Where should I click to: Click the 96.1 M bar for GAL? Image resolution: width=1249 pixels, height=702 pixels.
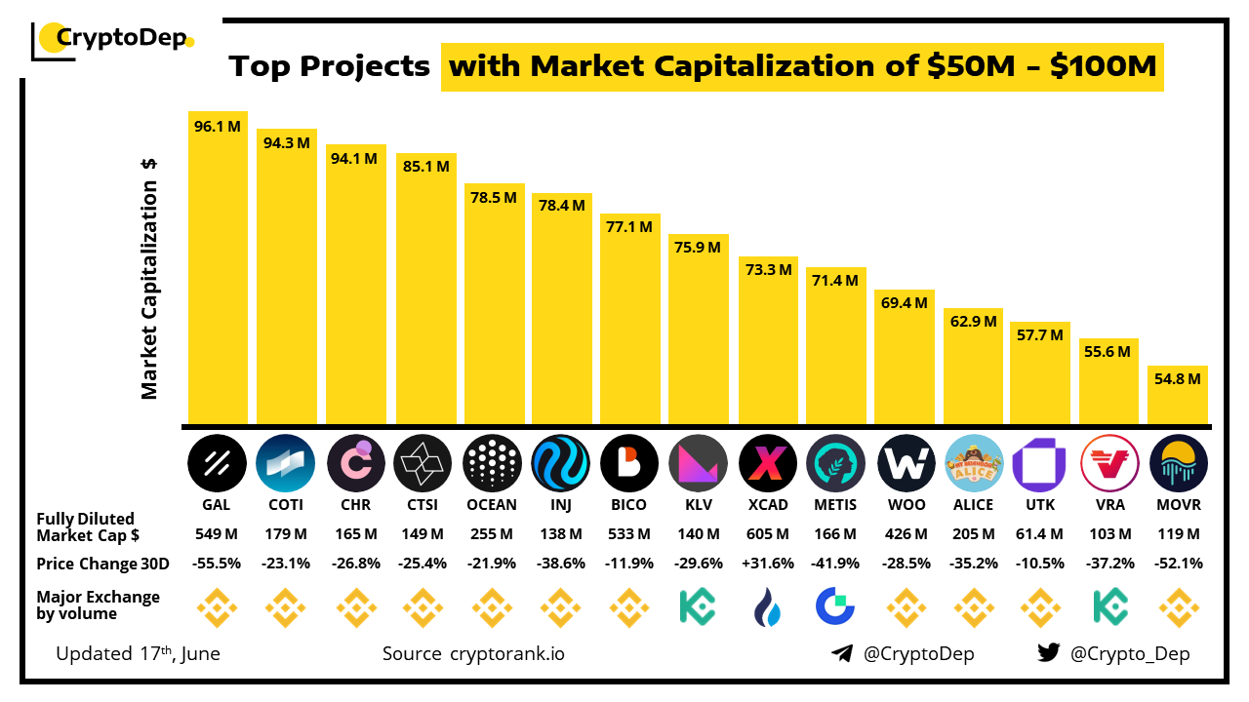(x=218, y=268)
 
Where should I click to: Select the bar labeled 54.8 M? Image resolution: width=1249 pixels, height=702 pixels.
(x=1179, y=395)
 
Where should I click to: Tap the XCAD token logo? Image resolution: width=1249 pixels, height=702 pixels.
(x=768, y=462)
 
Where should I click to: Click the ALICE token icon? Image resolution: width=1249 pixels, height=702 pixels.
(x=973, y=462)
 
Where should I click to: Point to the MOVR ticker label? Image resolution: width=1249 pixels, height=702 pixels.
(x=1179, y=505)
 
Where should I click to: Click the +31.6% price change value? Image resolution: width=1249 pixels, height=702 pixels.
(x=768, y=564)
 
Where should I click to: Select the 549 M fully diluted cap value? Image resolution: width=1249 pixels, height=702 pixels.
(x=218, y=534)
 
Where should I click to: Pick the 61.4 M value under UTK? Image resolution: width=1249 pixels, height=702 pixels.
(x=1040, y=534)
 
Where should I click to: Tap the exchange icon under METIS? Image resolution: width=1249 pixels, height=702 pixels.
(x=835, y=606)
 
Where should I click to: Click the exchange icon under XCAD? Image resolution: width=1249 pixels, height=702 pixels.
(x=768, y=606)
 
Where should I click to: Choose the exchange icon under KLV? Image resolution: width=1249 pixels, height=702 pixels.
(x=699, y=606)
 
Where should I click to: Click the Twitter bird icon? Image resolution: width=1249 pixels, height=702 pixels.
(x=1048, y=653)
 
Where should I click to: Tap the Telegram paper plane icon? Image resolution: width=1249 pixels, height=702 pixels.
(x=842, y=653)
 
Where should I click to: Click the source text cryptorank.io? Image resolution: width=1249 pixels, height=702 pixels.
(x=506, y=653)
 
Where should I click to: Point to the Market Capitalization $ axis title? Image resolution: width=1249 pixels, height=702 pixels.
(x=149, y=278)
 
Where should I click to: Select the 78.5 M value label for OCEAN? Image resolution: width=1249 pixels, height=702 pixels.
(x=493, y=197)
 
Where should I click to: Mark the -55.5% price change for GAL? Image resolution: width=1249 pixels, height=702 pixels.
(x=218, y=564)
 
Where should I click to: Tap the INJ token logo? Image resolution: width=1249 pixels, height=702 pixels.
(x=561, y=462)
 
